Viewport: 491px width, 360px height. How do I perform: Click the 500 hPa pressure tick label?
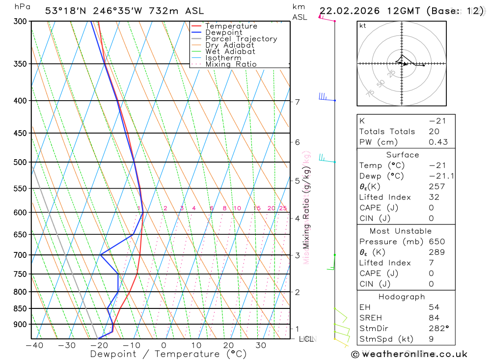point(21,162)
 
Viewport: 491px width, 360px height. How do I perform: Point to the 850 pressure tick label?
point(21,308)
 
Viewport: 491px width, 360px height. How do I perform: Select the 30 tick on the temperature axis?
point(261,345)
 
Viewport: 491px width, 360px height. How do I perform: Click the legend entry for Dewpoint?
point(223,32)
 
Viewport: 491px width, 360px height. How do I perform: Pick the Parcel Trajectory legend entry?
point(241,39)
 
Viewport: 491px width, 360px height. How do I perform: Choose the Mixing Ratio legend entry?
point(231,64)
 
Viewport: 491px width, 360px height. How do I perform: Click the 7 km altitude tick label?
point(297,102)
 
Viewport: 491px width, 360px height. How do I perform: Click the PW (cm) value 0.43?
point(437,142)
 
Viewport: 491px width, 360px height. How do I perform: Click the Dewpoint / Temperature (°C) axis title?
point(161,354)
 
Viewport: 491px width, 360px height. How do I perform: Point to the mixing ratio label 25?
point(283,208)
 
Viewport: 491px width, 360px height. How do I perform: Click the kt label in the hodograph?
point(362,26)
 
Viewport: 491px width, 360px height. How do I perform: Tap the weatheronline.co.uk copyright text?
point(409,354)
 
